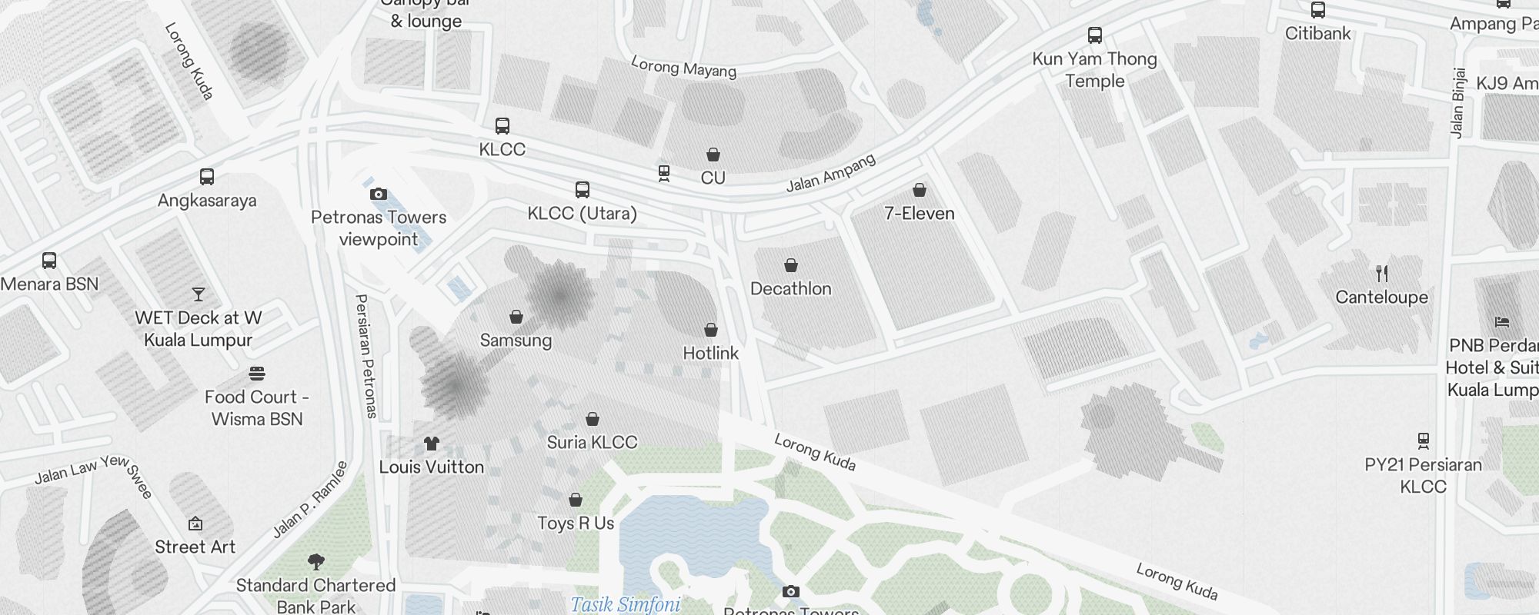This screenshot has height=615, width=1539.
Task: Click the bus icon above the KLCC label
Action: [502, 126]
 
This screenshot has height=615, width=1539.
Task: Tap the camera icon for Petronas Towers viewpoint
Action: [378, 194]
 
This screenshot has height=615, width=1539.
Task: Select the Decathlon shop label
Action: [790, 288]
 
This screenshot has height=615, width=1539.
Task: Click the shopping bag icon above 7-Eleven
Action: [919, 190]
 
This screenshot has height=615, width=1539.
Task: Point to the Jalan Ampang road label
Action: [830, 173]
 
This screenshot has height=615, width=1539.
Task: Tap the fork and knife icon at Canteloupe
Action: [1381, 274]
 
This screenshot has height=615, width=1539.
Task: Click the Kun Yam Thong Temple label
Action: [1094, 70]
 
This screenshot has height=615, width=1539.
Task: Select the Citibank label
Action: [1317, 33]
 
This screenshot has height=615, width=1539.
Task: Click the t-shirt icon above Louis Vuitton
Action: [431, 444]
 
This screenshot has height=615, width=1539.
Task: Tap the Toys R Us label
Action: [575, 523]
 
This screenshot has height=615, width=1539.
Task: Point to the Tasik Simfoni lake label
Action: [625, 604]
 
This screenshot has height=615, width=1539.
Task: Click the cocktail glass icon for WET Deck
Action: [199, 294]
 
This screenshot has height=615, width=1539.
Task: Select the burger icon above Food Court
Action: [257, 374]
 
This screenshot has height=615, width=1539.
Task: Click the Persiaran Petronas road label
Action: [366, 355]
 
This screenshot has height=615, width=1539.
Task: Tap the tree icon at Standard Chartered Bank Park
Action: [315, 562]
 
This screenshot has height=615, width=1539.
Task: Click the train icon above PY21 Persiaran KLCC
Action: [1423, 441]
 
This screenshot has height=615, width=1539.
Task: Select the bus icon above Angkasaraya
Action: [206, 178]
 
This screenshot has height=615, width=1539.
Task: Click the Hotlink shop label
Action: [710, 353]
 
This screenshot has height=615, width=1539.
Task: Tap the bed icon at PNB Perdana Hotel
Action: [1501, 322]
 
